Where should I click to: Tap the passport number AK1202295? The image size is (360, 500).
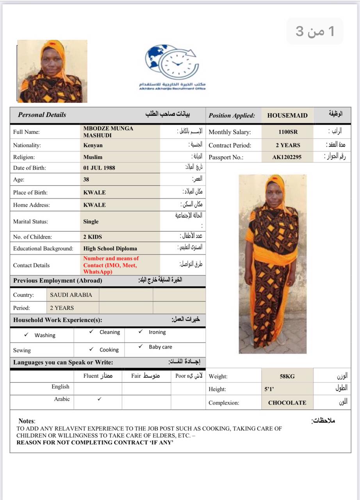[287, 157]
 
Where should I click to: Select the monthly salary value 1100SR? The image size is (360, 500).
[288, 132]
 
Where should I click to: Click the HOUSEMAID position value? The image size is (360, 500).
[287, 116]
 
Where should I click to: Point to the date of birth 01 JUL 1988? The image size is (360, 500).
[99, 168]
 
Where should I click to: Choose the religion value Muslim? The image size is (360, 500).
[93, 157]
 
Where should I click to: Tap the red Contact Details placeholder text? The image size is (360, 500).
[111, 265]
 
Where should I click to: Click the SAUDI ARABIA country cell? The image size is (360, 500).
[71, 295]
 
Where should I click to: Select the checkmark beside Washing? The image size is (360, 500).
[26, 335]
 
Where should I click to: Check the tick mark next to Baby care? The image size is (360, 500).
[141, 346]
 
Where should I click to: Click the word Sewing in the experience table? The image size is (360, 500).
[22, 350]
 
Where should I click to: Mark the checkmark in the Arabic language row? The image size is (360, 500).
[100, 399]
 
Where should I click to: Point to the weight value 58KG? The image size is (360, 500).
[287, 377]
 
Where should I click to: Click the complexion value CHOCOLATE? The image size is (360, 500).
[287, 403]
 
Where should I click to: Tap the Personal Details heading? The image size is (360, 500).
[42, 115]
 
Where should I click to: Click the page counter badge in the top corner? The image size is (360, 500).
[315, 31]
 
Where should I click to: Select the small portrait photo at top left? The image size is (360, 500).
[52, 71]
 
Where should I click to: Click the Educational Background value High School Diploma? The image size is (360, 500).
[110, 248]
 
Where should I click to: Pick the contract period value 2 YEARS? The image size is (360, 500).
[288, 145]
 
